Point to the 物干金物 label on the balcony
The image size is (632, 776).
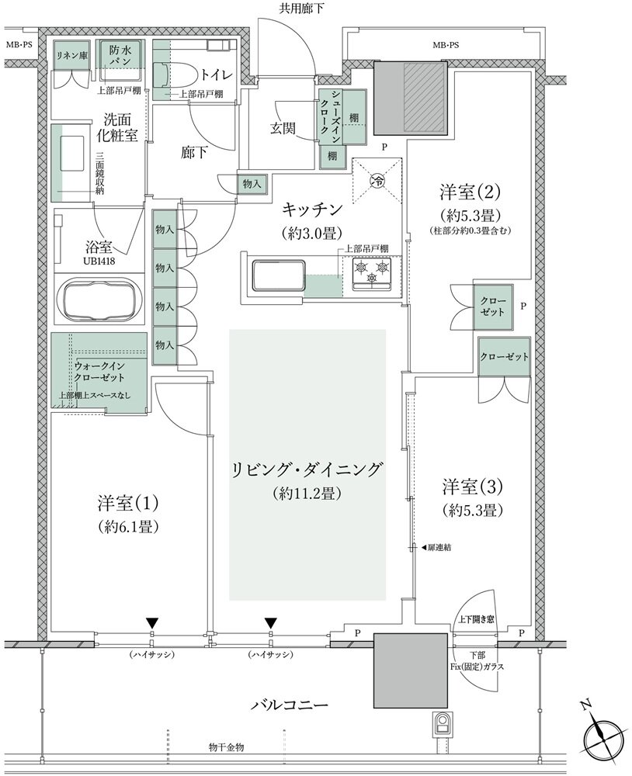[227, 747]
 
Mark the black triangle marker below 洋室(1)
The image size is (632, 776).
[153, 622]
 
